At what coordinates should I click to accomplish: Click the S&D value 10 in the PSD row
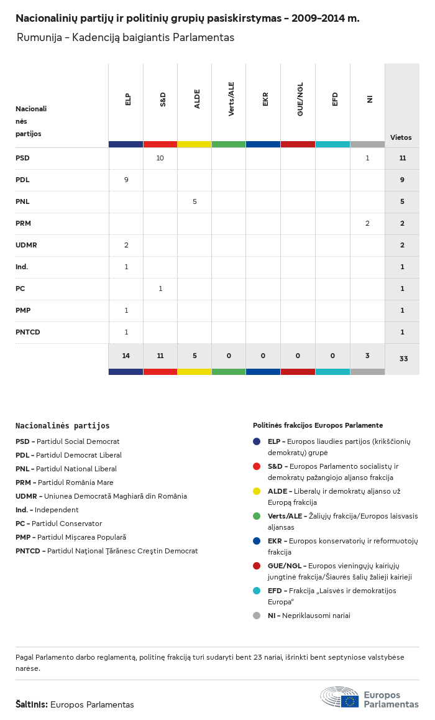coord(160,158)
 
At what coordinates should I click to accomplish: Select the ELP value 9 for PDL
coord(126,180)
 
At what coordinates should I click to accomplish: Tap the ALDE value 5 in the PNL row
coord(195,201)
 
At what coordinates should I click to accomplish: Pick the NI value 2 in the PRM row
coord(367,223)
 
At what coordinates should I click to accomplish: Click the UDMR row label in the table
coord(26,245)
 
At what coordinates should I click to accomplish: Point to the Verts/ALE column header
coord(231,99)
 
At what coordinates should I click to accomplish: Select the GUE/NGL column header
coord(300,99)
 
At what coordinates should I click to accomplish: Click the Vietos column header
coord(401,137)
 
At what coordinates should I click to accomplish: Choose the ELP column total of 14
coord(126,356)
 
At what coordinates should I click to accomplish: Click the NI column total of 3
coord(367,356)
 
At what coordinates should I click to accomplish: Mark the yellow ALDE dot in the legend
coord(257,491)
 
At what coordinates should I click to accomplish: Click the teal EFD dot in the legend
coord(257,591)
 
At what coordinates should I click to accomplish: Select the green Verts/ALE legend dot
coord(257,516)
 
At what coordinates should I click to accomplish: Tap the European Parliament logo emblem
coord(339,697)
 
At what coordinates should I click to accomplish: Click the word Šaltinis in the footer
coord(31,704)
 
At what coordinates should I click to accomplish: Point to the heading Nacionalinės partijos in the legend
coord(63,426)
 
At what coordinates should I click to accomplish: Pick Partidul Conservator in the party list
coord(66,524)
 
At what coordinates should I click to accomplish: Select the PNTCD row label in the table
coord(28,332)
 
